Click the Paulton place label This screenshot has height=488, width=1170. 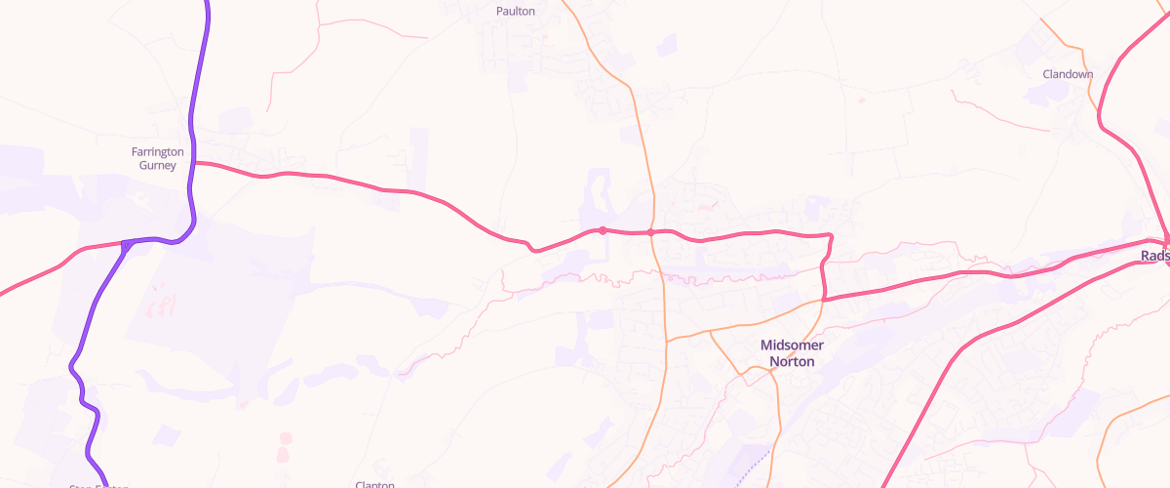pyautogui.click(x=515, y=12)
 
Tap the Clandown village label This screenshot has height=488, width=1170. pyautogui.click(x=1068, y=74)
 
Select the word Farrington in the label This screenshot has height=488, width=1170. pyautogui.click(x=158, y=152)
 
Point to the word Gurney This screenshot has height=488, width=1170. pyautogui.click(x=158, y=166)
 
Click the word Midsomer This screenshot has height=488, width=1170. pyautogui.click(x=792, y=346)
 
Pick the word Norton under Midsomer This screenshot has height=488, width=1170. pyautogui.click(x=792, y=361)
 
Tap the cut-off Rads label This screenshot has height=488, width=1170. pyautogui.click(x=1154, y=256)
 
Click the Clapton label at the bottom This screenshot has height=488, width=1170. pyautogui.click(x=374, y=484)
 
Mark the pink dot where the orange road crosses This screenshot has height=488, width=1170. pyautogui.click(x=650, y=232)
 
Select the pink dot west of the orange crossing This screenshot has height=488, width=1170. pyautogui.click(x=603, y=230)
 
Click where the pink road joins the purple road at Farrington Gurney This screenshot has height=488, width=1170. pyautogui.click(x=194, y=163)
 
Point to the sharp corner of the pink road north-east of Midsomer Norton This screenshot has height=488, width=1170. pyautogui.click(x=830, y=235)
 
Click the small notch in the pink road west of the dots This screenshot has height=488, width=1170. pyautogui.click(x=532, y=248)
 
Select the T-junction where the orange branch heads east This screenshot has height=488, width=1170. pyautogui.click(x=667, y=341)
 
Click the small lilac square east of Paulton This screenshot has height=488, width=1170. pyautogui.click(x=667, y=44)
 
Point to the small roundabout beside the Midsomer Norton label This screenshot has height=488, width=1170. pyautogui.click(x=750, y=370)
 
